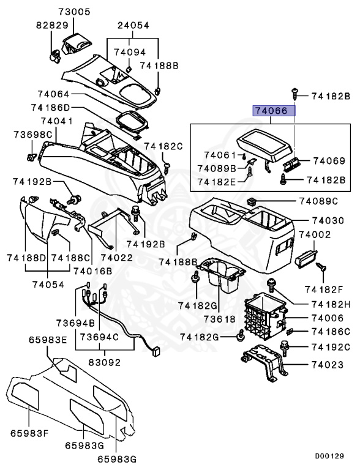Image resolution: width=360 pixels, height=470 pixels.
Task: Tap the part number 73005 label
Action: tap(73, 12)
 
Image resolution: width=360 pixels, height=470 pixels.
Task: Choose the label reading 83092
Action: tap(105, 362)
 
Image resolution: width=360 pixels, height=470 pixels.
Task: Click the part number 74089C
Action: tap(318, 201)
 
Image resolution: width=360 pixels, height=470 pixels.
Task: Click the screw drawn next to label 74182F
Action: tap(322, 267)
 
